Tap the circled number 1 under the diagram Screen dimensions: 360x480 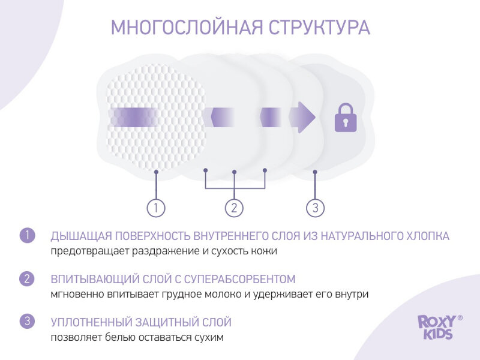155,208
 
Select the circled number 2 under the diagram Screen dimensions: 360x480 234,208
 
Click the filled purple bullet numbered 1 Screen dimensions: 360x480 28,235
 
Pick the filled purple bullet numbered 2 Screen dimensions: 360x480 28,279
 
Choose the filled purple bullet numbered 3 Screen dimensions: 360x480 28,322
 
